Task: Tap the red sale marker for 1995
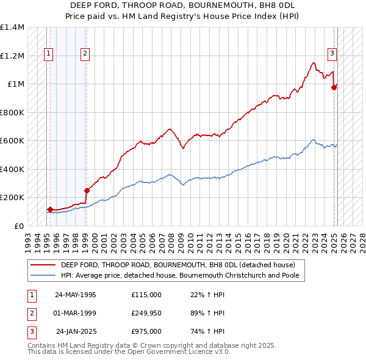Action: tap(49, 209)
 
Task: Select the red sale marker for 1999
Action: tap(86, 190)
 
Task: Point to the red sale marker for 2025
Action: tap(334, 88)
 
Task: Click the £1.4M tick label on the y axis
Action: tap(12, 27)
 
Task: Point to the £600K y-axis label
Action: tap(12, 141)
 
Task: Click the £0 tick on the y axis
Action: tap(19, 226)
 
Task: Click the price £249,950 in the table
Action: tap(146, 313)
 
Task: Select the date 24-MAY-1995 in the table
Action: tap(76, 295)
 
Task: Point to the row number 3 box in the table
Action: tap(32, 331)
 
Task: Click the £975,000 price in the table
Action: tap(146, 331)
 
